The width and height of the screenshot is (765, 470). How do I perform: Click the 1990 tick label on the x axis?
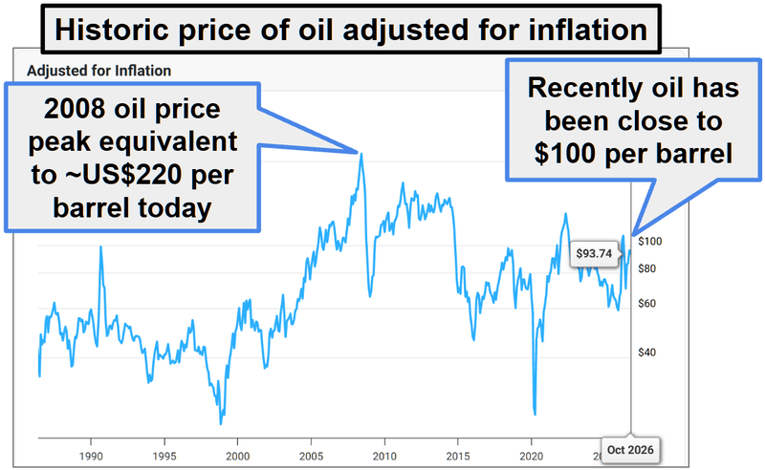[91, 457]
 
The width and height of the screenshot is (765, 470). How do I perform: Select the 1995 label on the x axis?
[164, 457]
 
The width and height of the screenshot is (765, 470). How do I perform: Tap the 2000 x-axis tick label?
[237, 457]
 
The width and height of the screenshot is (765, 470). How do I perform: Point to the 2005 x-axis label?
[312, 457]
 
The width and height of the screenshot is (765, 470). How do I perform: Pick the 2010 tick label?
[384, 457]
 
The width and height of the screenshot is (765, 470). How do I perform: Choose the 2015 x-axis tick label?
[458, 457]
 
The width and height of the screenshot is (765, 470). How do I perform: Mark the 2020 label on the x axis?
[532, 457]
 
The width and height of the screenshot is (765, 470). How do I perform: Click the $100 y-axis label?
[650, 242]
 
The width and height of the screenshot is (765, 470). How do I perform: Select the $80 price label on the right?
[647, 268]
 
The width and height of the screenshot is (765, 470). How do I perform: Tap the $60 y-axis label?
[647, 304]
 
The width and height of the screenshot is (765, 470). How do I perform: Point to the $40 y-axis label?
[647, 352]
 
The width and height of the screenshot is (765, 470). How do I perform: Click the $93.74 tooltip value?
[594, 253]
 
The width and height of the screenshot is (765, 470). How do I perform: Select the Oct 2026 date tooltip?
[630, 450]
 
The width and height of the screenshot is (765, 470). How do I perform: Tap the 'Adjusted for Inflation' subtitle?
[99, 71]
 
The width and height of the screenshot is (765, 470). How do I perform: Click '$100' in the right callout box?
[565, 153]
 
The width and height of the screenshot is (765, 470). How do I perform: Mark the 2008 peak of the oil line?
[361, 154]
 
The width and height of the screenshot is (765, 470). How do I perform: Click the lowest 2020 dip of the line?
[535, 415]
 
